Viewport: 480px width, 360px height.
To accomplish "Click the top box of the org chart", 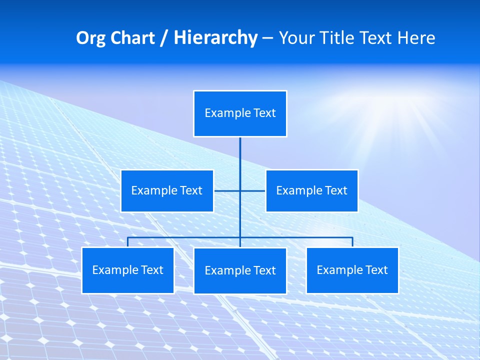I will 240,113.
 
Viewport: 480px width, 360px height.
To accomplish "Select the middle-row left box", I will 167,190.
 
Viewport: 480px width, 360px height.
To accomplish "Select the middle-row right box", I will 311,190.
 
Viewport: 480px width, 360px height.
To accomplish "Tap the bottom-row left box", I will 127,270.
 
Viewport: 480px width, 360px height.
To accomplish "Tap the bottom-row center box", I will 240,270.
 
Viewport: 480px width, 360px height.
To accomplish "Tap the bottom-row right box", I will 352,270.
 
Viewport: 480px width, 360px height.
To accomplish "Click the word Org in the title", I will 90,38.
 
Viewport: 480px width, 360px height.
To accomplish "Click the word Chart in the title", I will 132,38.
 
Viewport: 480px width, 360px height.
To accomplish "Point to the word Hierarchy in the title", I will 215,38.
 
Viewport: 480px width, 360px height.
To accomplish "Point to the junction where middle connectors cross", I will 240,190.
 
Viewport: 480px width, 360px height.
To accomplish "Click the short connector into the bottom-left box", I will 128,242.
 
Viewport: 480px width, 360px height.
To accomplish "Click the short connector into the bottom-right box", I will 352,242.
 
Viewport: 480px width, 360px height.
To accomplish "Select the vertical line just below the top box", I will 240,150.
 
